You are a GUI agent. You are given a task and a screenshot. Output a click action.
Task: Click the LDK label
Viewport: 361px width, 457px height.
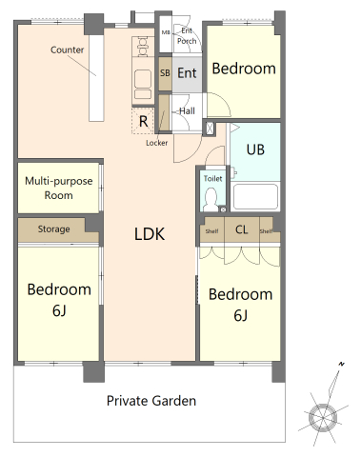coord(150,234)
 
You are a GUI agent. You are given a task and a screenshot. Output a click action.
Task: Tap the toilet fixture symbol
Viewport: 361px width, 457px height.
coord(210,199)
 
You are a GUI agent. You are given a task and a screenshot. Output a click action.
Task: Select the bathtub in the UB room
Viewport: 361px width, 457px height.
coord(255,197)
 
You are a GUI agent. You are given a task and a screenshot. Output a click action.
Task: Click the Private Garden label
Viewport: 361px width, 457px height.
coord(151,401)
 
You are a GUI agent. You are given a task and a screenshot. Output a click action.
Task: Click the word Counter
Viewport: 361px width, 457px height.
coord(67,50)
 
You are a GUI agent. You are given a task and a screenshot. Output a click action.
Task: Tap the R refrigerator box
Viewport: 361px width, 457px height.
coord(143,121)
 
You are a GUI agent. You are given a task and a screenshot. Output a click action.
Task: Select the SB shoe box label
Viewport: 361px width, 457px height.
coord(165,73)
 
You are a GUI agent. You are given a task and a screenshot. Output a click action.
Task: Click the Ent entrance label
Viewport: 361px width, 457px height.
coord(187,73)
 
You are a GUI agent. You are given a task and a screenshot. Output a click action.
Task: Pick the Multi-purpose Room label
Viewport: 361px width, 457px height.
coord(59,188)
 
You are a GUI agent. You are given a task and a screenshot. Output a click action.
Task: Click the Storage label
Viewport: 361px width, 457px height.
coord(53,228)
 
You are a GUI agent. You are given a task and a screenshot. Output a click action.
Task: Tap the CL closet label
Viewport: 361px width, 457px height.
coord(241,229)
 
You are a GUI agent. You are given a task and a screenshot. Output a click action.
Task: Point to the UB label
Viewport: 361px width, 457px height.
coord(255,149)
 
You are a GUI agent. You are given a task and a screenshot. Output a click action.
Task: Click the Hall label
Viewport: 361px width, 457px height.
coord(187,111)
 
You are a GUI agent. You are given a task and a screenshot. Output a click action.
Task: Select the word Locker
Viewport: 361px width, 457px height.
coord(156,143)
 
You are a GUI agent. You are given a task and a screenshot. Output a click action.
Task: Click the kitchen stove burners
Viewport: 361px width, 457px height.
coord(143,47)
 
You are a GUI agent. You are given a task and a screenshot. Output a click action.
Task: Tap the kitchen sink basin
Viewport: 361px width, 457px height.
coord(143,79)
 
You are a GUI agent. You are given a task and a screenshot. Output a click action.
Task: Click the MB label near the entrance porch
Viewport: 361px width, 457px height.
coord(166,32)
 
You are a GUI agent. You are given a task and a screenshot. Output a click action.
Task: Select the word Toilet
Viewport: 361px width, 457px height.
coord(212,178)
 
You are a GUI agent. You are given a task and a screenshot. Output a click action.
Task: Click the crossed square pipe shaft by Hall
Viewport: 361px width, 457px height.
coord(210,129)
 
